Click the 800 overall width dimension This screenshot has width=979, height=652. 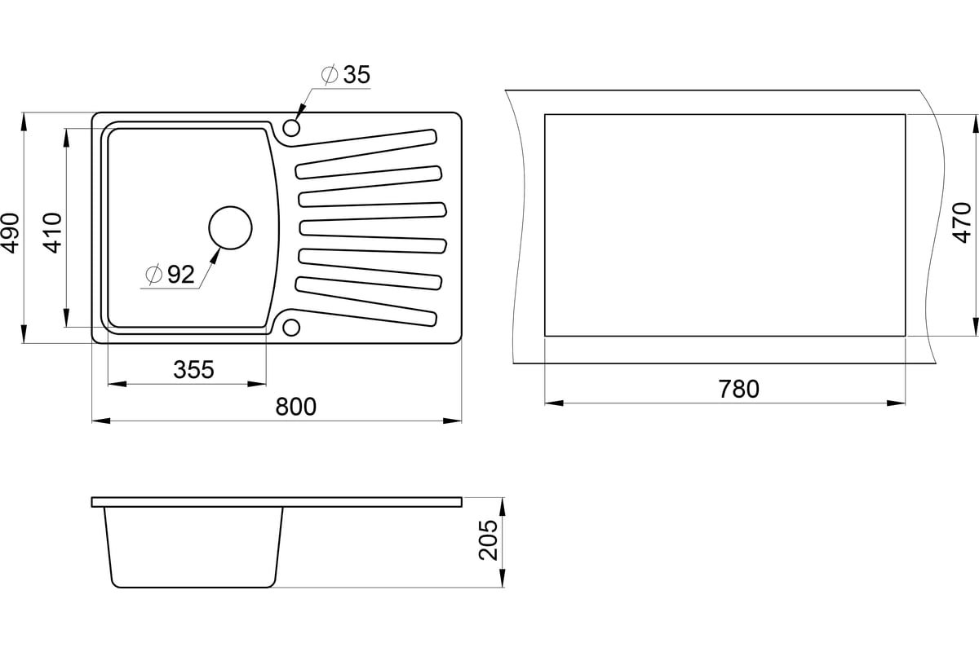point(295,407)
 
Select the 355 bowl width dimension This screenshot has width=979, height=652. point(193,369)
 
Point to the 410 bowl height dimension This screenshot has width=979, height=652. point(53,233)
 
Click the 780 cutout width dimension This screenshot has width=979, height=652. point(739,389)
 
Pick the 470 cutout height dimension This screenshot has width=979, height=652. point(962,222)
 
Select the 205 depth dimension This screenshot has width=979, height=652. point(488,540)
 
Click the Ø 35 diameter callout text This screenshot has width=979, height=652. point(346,74)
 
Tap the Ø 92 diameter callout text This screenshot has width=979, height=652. point(170,275)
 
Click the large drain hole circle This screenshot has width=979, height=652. point(230,227)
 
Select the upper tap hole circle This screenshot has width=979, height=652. point(291,127)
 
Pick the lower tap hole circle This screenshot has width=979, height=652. point(291,328)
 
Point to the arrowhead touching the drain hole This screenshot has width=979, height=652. point(215,257)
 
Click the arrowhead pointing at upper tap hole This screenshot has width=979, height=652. point(300,112)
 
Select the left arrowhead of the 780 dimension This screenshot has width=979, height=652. point(554,403)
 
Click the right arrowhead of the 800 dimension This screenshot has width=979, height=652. point(452,421)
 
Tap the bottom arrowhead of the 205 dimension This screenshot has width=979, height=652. point(503,578)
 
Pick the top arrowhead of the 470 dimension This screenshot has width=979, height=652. point(976,124)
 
